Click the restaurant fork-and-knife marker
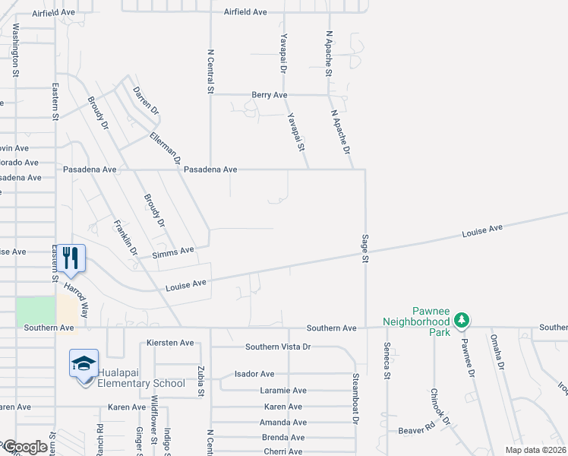point(71,258)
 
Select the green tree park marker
point(460,322)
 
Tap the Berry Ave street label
point(270,95)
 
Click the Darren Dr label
point(146,101)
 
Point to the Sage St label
point(364,249)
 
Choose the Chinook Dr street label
point(440,407)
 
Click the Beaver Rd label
point(416,430)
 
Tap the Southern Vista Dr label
point(278,347)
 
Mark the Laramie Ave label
point(283,390)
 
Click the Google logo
point(24,448)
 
